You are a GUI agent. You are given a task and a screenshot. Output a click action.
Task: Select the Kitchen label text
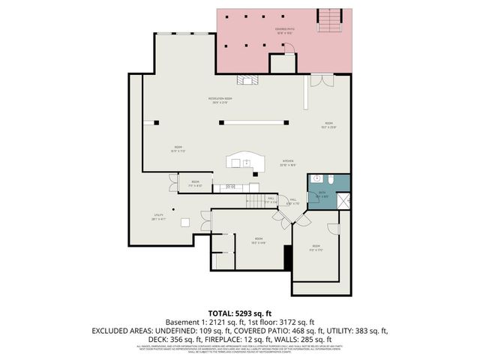pos(288,163)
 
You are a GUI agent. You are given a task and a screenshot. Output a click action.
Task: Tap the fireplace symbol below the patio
pos(246,79)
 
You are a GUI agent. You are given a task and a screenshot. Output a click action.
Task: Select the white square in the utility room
pos(184,221)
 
